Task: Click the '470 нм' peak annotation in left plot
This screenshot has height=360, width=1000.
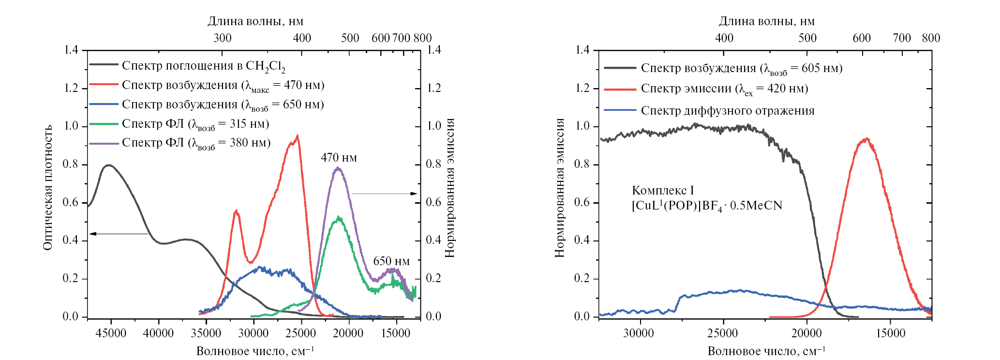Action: pos(339,158)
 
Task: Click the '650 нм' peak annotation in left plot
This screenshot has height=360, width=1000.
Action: pos(391,262)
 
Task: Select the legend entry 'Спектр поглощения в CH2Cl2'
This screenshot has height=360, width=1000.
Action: pos(203,66)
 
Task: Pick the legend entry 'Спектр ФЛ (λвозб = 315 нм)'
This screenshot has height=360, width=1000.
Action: pos(195,124)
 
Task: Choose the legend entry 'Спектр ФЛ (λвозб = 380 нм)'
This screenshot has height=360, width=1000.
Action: pos(196,143)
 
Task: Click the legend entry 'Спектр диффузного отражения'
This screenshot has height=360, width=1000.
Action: pos(727,111)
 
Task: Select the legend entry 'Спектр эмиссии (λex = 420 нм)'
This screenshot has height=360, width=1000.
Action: pos(724,89)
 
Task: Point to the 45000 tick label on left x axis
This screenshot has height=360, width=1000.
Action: pos(111,333)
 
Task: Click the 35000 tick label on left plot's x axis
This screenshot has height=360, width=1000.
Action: pos(206,333)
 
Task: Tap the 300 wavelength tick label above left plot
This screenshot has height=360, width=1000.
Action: pos(223,38)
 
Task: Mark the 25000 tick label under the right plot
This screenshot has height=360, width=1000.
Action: pos(723,333)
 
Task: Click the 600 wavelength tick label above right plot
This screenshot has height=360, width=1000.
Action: pos(861,38)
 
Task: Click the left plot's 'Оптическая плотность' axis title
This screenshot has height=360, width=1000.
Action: pos(47,188)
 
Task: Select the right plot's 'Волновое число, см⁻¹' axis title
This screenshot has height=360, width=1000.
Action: pos(766,351)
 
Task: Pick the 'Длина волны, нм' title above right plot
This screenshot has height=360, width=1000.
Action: pos(766,21)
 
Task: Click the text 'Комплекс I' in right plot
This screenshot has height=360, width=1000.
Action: pos(663,191)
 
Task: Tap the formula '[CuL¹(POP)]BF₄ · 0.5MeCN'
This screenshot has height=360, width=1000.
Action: pos(706,206)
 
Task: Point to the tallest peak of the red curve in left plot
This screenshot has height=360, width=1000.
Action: pos(297,136)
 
